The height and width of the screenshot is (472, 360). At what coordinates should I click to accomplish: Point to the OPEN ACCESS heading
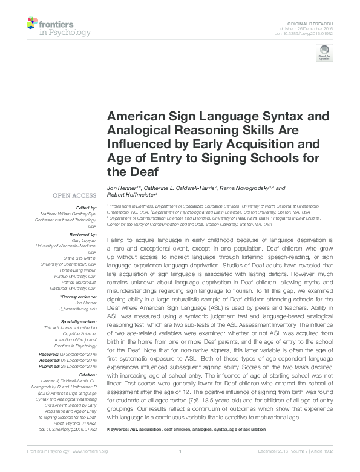point(74,195)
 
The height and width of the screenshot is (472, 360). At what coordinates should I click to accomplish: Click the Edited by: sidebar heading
point(85,208)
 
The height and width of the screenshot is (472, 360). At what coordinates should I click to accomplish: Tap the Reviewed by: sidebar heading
point(83,234)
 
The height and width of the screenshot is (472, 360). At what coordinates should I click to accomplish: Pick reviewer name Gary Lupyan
point(83,240)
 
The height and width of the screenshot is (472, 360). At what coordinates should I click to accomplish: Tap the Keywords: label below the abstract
point(119,429)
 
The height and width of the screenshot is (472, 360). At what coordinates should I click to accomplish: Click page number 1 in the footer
point(181,468)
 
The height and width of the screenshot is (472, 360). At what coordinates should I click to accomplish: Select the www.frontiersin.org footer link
point(91,468)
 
